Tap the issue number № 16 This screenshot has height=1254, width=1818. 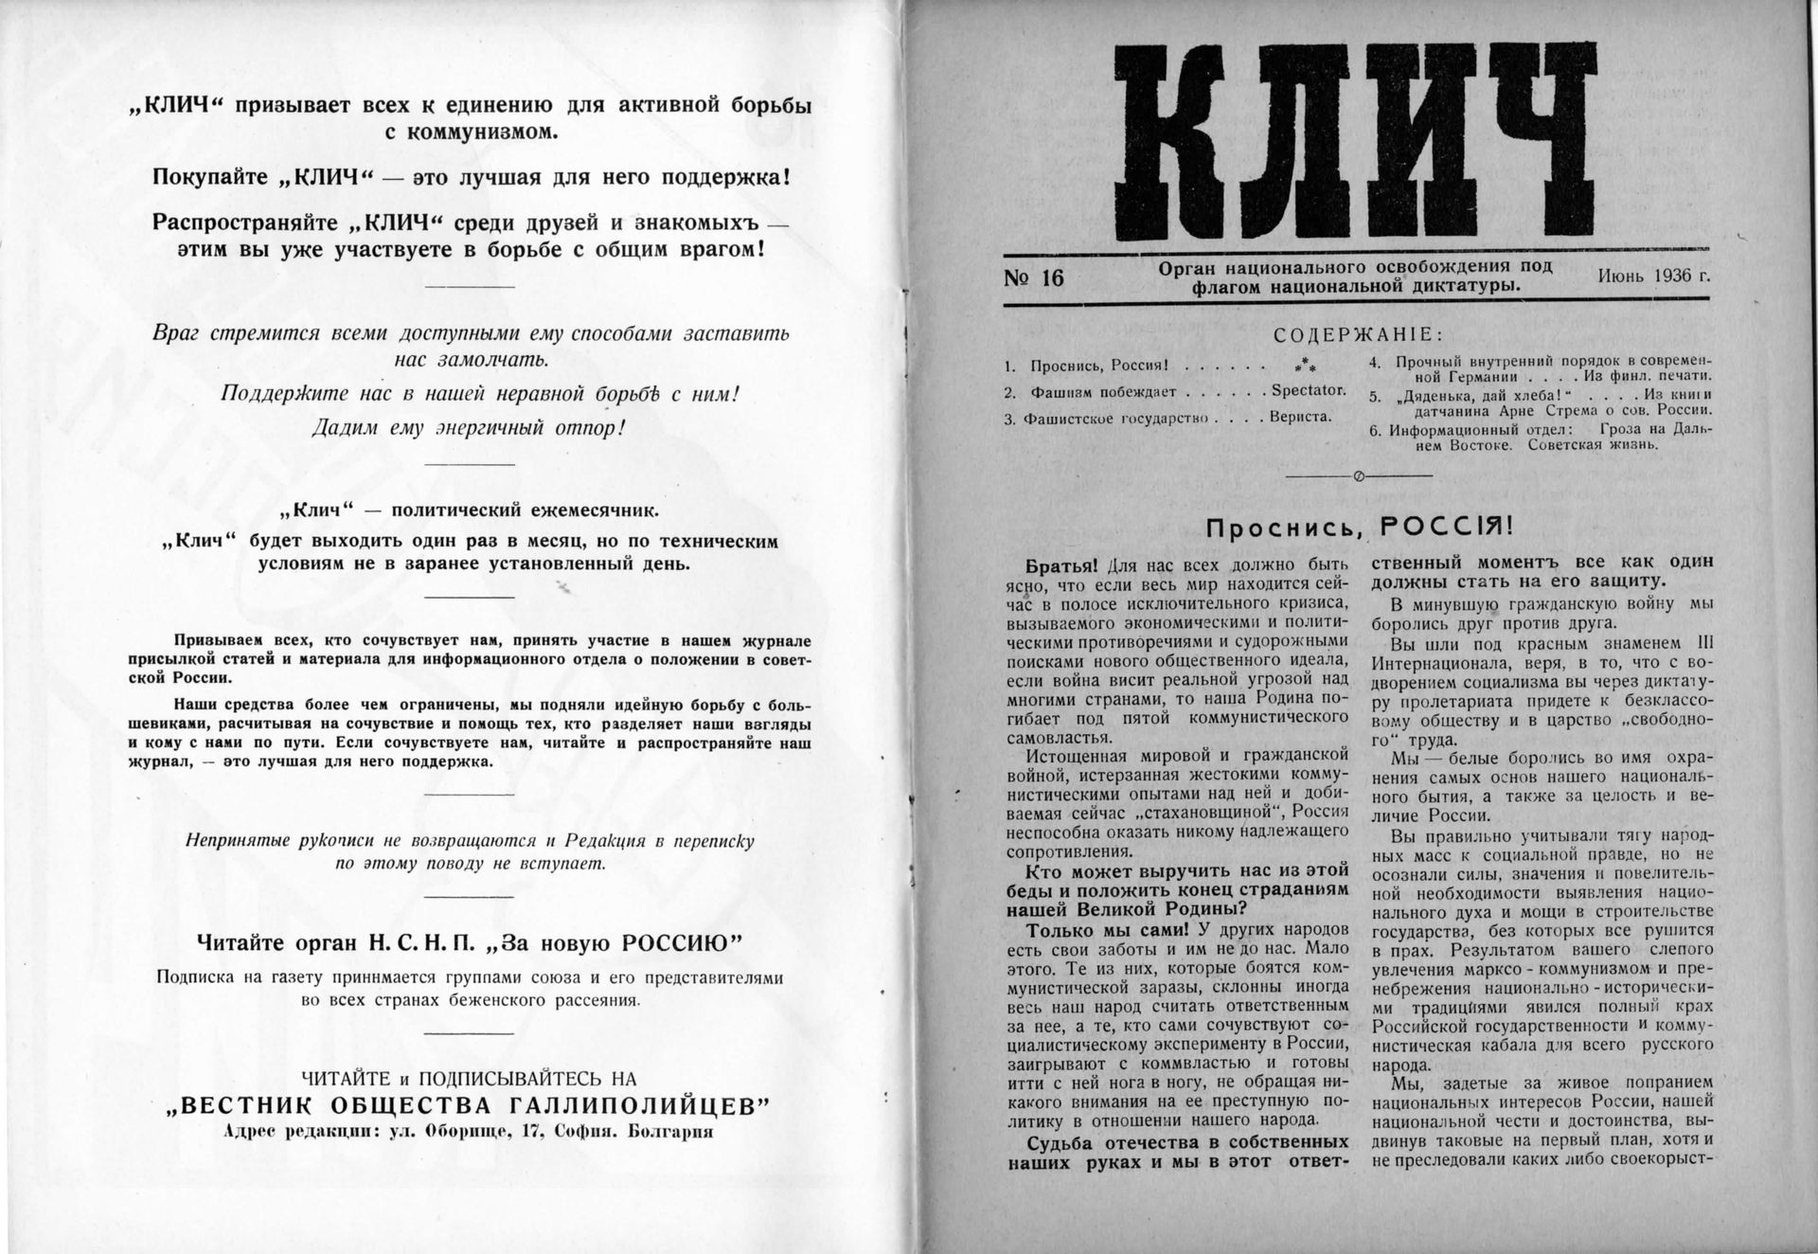(x=1034, y=278)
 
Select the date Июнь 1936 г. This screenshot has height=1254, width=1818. (x=1653, y=276)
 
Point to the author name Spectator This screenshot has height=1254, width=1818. (x=1308, y=390)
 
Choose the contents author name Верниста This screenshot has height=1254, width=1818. (x=1300, y=416)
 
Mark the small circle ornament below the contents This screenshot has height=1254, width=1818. (x=1359, y=476)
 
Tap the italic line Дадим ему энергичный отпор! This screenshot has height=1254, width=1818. (x=470, y=427)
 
